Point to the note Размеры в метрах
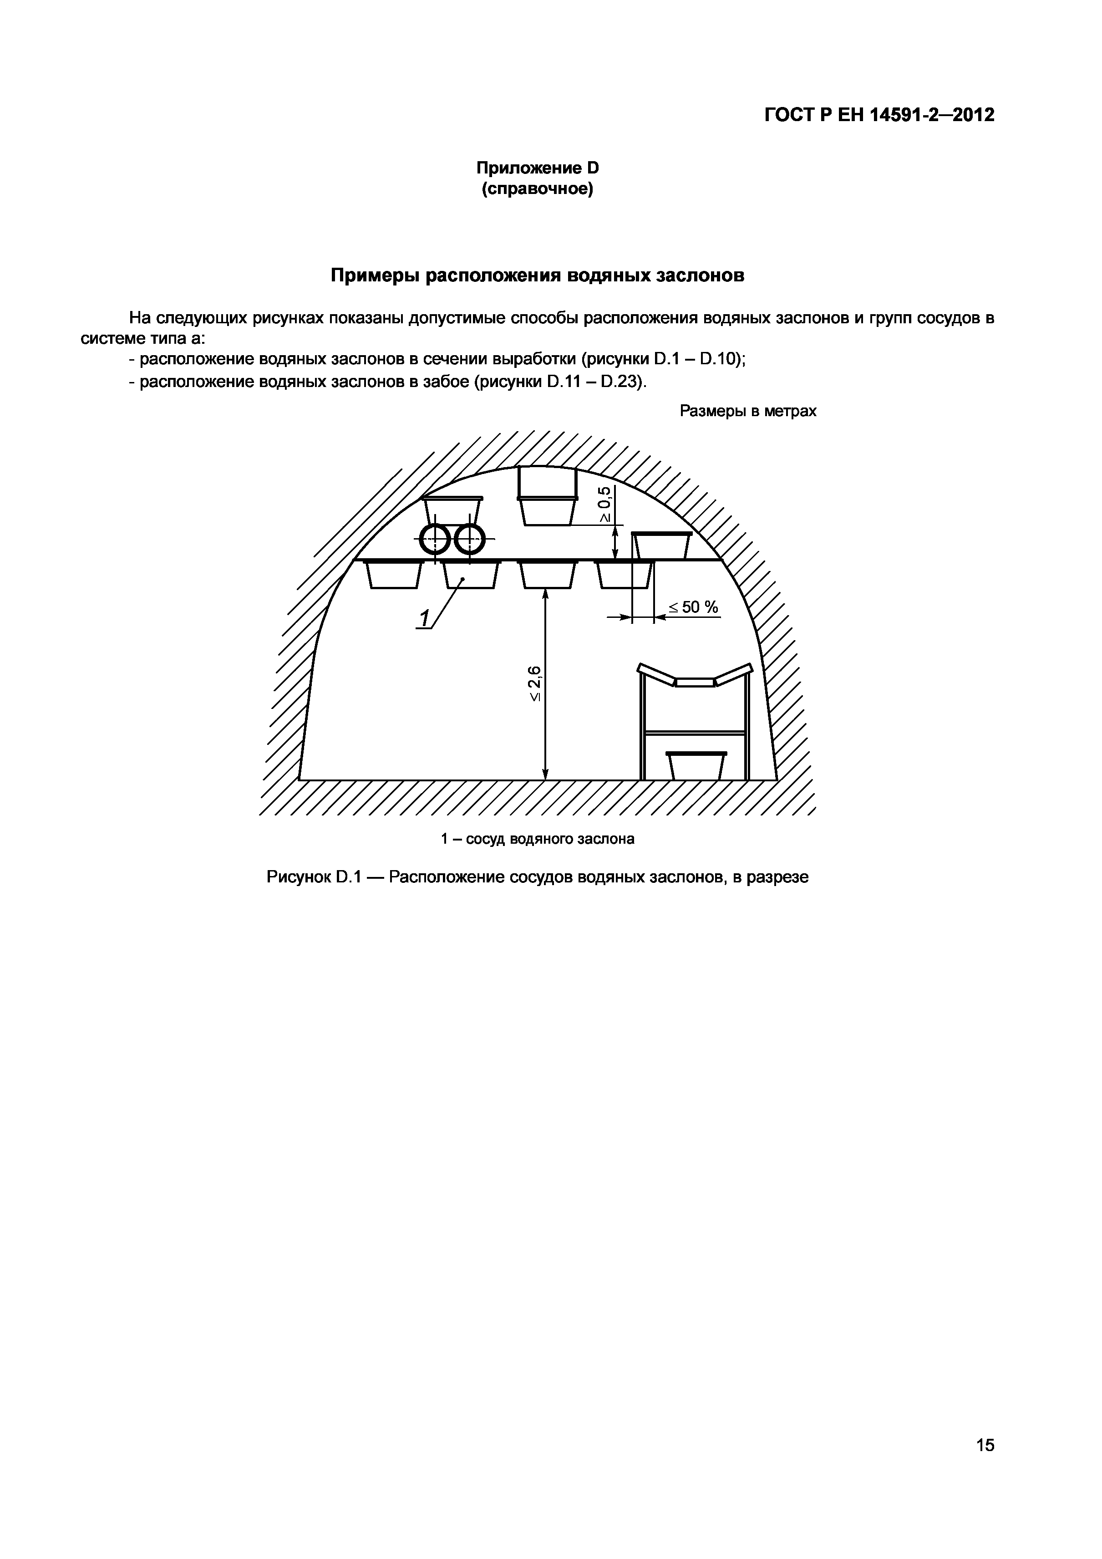click(x=747, y=411)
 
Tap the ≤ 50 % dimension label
click(x=693, y=607)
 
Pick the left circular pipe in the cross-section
click(x=435, y=540)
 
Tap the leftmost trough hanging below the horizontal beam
click(x=394, y=575)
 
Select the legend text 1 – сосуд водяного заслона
click(x=537, y=839)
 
